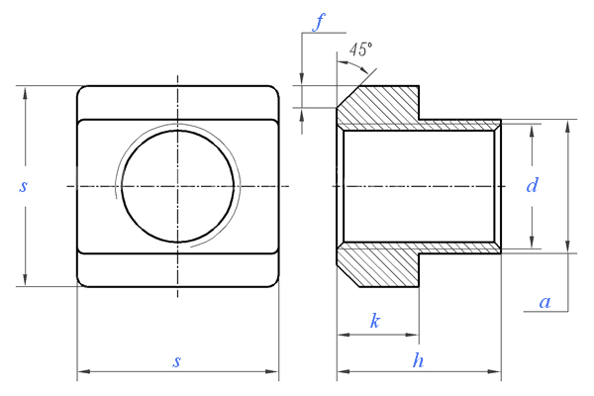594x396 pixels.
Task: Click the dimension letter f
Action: coord(319,23)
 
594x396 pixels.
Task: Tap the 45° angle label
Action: coord(360,49)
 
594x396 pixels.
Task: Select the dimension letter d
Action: coord(533,186)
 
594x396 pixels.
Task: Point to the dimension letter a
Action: coord(544,302)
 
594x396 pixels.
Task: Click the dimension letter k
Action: coord(374,322)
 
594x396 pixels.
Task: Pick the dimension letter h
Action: coord(418,360)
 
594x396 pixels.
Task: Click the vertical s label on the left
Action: coord(24,186)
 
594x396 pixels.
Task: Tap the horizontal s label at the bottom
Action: coord(176,361)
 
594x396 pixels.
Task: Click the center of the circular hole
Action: coord(177,186)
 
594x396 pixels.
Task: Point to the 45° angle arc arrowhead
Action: coord(364,70)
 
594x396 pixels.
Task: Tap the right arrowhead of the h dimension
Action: coord(495,371)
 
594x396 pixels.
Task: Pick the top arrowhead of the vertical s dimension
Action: coord(25,92)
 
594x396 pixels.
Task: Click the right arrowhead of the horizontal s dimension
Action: coord(272,371)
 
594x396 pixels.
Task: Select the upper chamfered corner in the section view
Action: coord(348,97)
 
